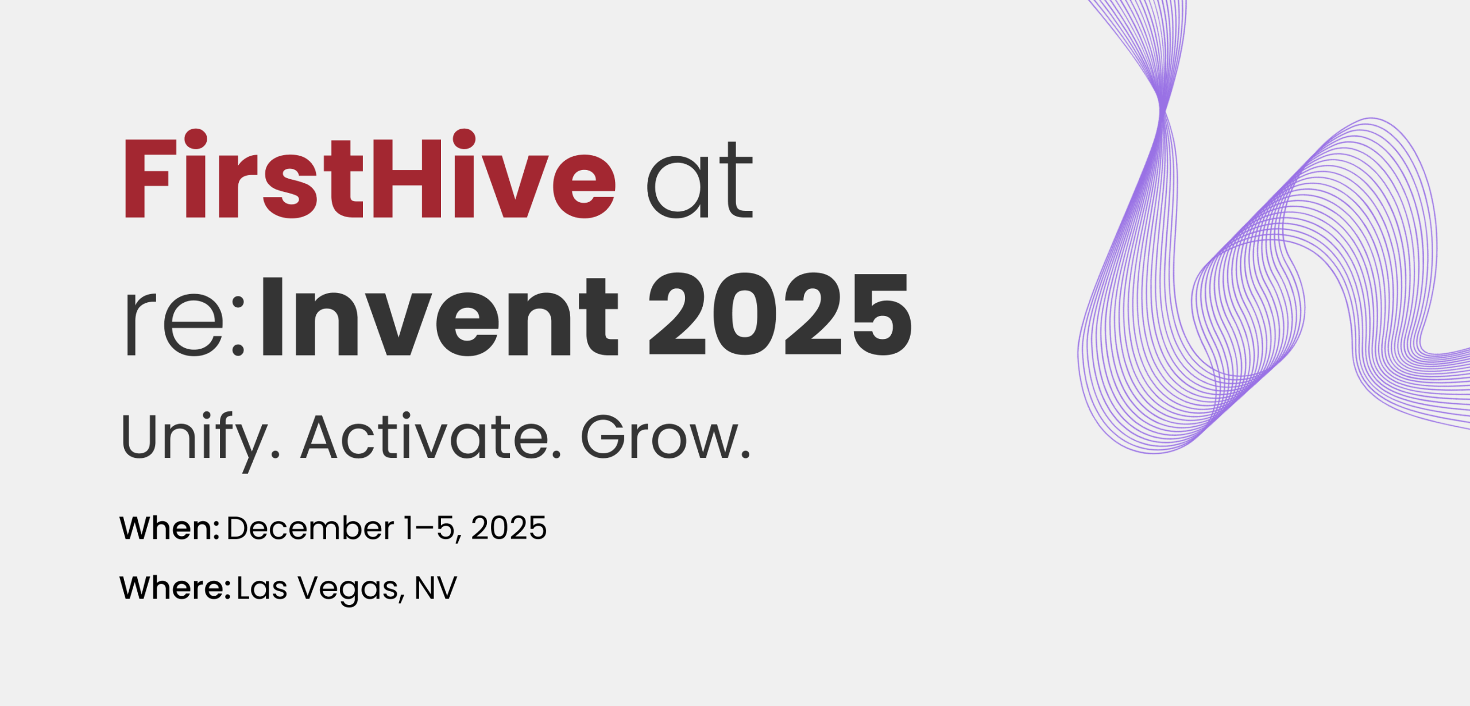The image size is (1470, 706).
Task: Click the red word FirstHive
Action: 370,174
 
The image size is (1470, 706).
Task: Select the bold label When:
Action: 169,528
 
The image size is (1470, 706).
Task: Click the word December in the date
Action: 310,528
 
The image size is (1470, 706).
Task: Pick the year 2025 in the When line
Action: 509,528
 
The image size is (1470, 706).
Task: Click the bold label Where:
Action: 175,588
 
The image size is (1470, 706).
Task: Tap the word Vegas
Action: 351,590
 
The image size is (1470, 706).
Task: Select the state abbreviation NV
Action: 436,588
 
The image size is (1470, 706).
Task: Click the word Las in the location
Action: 262,588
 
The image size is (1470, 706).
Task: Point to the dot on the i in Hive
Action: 464,139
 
